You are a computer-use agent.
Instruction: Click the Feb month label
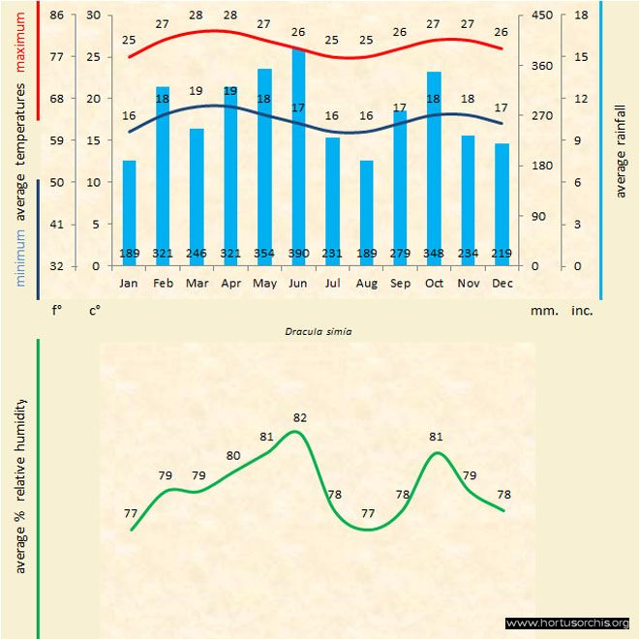click(x=163, y=284)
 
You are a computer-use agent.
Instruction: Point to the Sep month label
click(x=400, y=284)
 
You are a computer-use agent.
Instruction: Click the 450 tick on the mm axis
click(x=542, y=15)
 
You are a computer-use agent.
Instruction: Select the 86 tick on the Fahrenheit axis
click(x=57, y=15)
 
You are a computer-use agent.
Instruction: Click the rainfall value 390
click(x=298, y=254)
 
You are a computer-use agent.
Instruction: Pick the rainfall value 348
click(x=434, y=254)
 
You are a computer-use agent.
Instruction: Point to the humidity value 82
click(x=299, y=418)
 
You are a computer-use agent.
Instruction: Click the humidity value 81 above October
click(x=436, y=437)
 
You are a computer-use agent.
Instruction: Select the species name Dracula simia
click(x=319, y=331)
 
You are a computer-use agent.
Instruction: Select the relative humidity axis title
click(x=20, y=484)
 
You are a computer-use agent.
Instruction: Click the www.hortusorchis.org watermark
click(x=567, y=623)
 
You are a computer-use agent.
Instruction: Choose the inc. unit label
click(x=582, y=312)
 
